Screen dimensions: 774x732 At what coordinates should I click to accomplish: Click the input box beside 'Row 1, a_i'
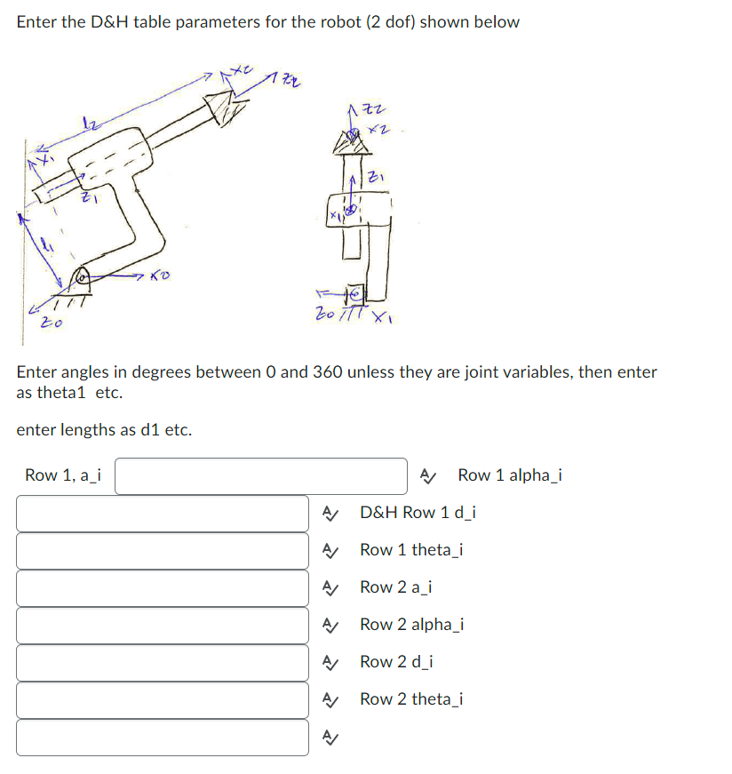pos(261,475)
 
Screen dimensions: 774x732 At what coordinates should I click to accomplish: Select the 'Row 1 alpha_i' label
pos(510,475)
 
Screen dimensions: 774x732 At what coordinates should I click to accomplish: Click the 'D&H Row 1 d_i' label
pos(418,513)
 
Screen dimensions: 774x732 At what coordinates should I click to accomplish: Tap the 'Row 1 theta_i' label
pos(411,550)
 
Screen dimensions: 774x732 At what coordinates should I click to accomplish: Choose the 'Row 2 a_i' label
pos(396,587)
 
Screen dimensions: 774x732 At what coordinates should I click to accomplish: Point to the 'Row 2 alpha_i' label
pos(411,625)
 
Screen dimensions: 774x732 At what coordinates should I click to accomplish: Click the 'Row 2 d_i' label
pos(396,662)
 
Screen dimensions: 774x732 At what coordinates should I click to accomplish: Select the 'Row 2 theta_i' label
pos(411,699)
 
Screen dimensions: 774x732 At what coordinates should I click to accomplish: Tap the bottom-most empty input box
pos(163,737)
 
